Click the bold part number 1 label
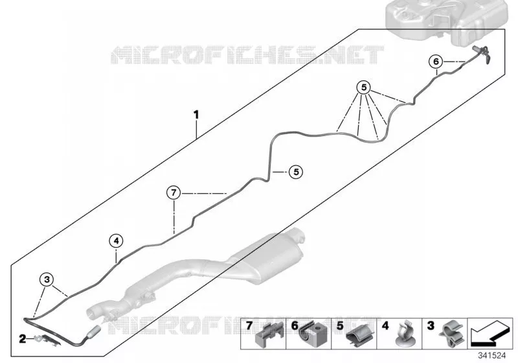(196, 115)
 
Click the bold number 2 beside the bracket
(22, 338)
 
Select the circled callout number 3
(47, 279)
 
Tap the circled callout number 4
(116, 241)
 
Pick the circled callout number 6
(436, 62)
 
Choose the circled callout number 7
(174, 193)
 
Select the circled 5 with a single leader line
(296, 172)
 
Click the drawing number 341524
(492, 356)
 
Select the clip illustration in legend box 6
(314, 334)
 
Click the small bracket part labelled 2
(47, 340)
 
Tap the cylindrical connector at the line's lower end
(94, 331)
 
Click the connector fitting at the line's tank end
(480, 53)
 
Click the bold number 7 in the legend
(249, 325)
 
